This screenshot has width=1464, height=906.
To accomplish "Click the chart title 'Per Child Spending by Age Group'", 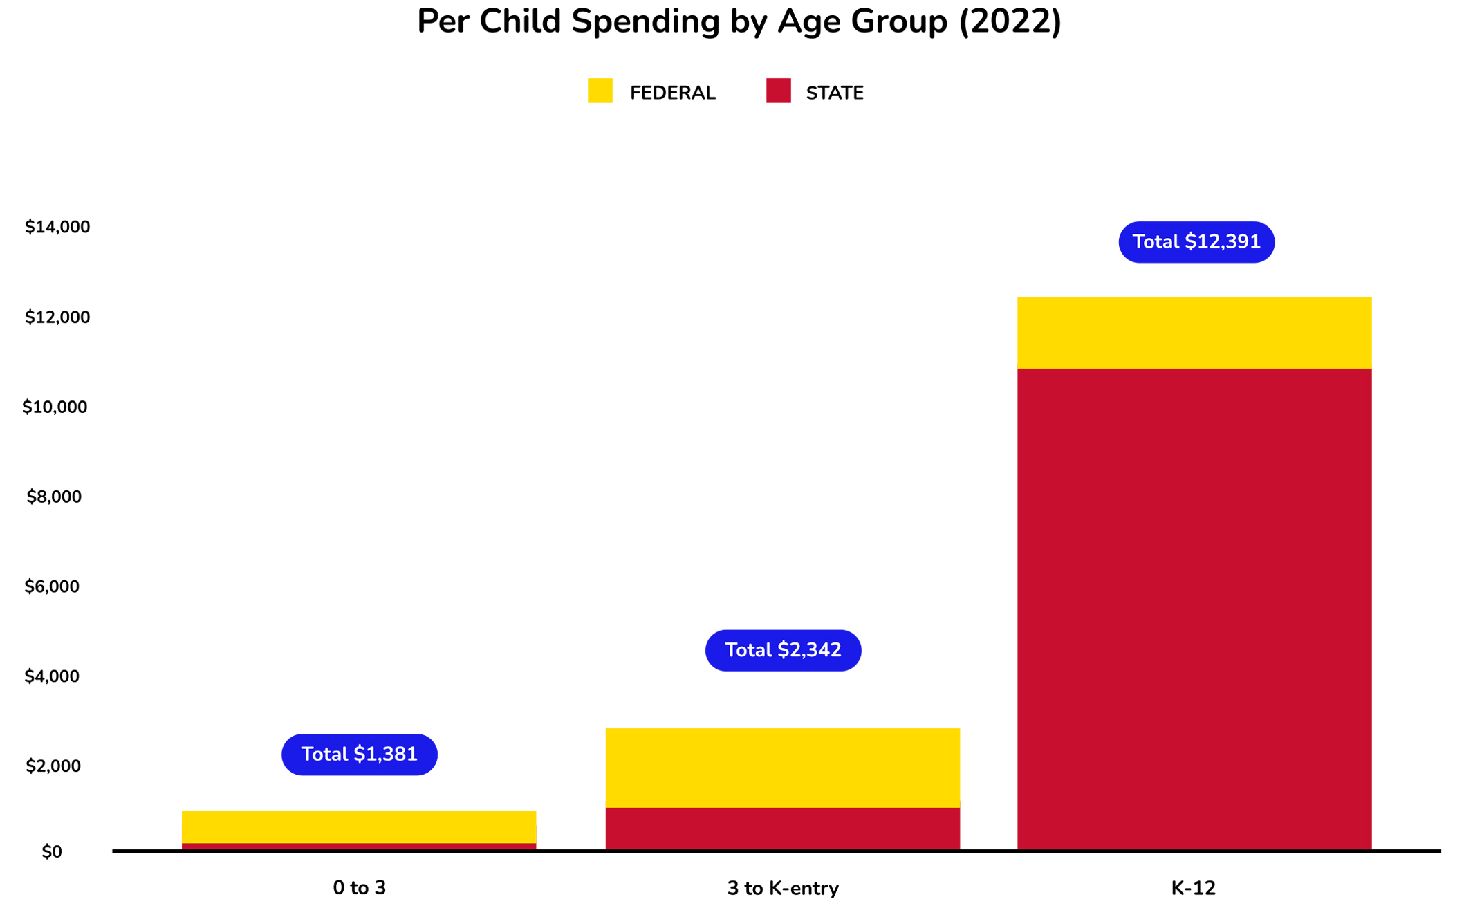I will [739, 22].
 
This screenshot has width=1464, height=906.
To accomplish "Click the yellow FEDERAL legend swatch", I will [600, 91].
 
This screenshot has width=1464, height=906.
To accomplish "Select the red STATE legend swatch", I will [778, 91].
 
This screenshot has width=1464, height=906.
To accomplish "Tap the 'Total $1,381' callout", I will [359, 754].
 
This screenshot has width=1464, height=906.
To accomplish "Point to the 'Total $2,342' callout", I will [783, 650].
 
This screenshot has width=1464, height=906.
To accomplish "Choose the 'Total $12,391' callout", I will [1196, 242].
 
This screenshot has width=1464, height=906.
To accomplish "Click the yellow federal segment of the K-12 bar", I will [1194, 333].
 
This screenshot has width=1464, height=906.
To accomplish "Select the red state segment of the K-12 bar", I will [1194, 609].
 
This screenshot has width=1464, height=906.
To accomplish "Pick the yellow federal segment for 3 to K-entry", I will [782, 766].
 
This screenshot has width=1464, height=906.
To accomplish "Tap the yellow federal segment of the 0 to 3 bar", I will [359, 826].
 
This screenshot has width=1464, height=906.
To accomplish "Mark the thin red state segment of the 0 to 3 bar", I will [359, 846].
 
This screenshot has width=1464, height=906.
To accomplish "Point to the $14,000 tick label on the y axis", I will [57, 227].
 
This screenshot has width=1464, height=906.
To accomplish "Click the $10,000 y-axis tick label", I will [55, 407].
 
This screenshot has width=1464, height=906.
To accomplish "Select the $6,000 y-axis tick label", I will [52, 586].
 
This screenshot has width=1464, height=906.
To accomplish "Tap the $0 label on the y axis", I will [52, 852].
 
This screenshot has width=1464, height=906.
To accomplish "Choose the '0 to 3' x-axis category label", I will [359, 888].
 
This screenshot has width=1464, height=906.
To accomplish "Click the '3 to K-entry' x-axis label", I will [782, 888].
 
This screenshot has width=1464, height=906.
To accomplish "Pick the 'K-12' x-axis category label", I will [1193, 888].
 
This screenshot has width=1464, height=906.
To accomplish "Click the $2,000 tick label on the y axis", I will [53, 766].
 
